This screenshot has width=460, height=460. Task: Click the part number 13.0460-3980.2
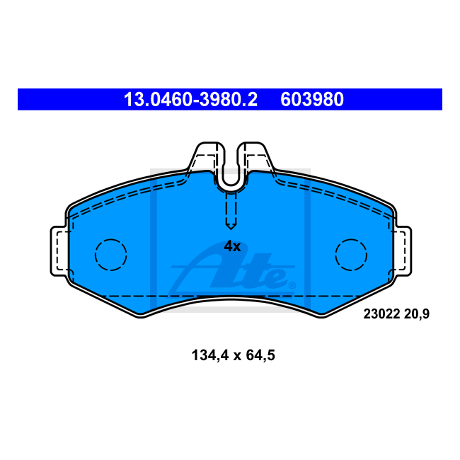[x=190, y=100]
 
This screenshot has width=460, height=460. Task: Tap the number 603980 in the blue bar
[x=312, y=100]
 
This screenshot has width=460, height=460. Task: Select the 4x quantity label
[x=232, y=246]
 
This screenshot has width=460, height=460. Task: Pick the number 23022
[x=381, y=314]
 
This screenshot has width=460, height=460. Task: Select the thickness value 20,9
[x=417, y=314]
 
